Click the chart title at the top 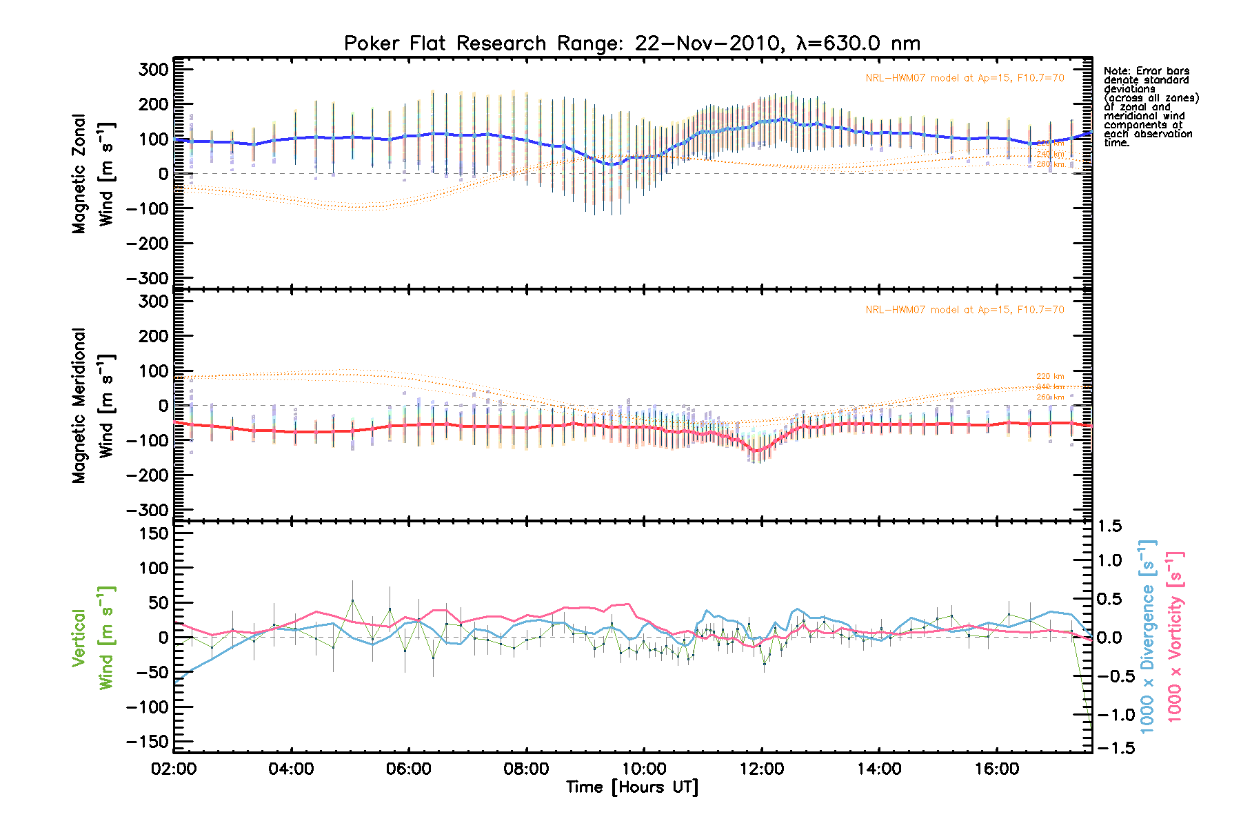tap(632, 43)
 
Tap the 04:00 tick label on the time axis tap(292, 769)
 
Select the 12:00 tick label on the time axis tap(762, 769)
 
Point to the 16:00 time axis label tap(997, 769)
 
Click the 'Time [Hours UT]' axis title tap(632, 787)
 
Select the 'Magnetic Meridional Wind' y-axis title tap(93, 406)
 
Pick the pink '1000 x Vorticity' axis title tap(1175, 636)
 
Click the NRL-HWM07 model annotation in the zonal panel tap(965, 78)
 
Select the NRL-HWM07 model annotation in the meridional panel tap(965, 310)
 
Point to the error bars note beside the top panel tap(1151, 106)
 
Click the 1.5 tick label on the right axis tap(1110, 526)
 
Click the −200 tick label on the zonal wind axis tap(146, 244)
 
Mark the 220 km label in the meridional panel tap(1050, 377)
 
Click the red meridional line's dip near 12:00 tap(756, 451)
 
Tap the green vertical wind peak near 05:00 tap(352, 600)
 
